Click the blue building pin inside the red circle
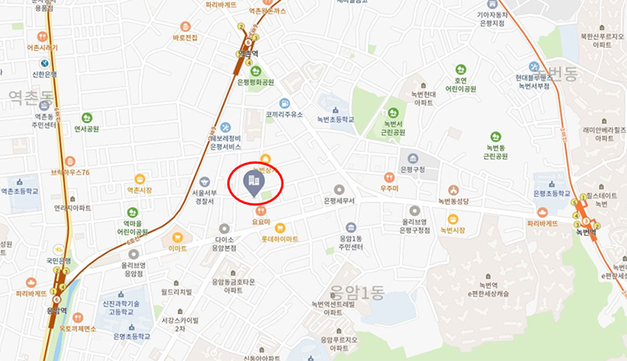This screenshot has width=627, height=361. click(x=250, y=182)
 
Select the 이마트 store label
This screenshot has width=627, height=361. click(x=177, y=248)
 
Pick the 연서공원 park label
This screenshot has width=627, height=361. click(x=86, y=129)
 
